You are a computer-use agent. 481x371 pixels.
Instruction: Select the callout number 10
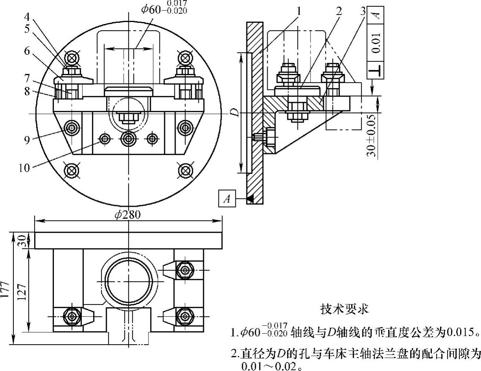[x=24, y=168]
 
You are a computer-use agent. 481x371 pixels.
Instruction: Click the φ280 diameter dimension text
[x=128, y=215]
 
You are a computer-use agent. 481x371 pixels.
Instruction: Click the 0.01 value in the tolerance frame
[x=376, y=43]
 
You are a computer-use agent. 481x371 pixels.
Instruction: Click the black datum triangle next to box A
[x=249, y=199]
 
